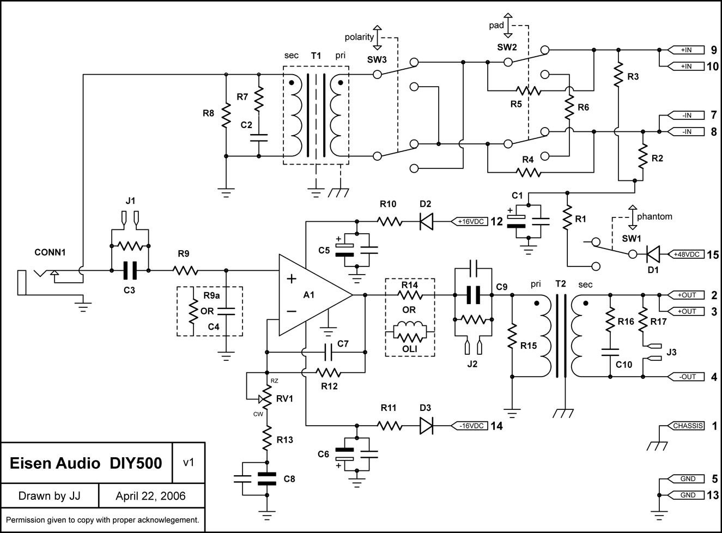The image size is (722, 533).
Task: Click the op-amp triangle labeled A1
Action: pyautogui.click(x=312, y=295)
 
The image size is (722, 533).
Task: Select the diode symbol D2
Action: pyautogui.click(x=426, y=222)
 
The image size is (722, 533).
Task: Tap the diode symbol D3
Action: pyautogui.click(x=426, y=426)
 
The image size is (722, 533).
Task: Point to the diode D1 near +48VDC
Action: pyautogui.click(x=653, y=255)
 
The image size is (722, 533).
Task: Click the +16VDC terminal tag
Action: pyautogui.click(x=469, y=222)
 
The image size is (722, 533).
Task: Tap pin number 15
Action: pyautogui.click(x=713, y=255)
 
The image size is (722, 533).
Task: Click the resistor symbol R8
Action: pyautogui.click(x=226, y=115)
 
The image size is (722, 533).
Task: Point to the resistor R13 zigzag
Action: pyautogui.click(x=267, y=438)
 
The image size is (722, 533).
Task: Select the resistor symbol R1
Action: pyautogui.click(x=567, y=217)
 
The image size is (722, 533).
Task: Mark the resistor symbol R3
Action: pyautogui.click(x=618, y=75)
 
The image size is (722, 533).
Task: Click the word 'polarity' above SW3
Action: pyautogui.click(x=359, y=37)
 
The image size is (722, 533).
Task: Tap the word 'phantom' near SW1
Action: pyautogui.click(x=654, y=216)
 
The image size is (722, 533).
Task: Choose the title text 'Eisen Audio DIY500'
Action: pyautogui.click(x=86, y=463)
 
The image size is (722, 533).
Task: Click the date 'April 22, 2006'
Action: pyautogui.click(x=150, y=495)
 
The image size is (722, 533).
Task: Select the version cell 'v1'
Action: pyautogui.click(x=189, y=462)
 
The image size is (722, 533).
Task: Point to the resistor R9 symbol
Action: pyautogui.click(x=185, y=270)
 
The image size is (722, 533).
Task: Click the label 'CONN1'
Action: pyautogui.click(x=50, y=252)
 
